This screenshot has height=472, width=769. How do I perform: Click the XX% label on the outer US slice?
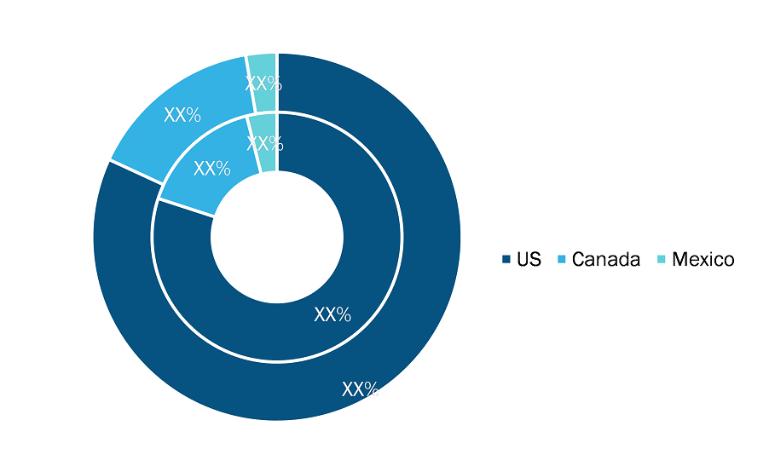[x=360, y=389]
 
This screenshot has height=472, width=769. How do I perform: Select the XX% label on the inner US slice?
[x=332, y=314]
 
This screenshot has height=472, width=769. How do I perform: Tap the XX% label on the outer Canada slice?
[x=182, y=115]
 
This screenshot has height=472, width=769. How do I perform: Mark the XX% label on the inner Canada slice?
[x=212, y=169]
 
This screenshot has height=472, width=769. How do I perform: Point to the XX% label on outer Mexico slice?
[x=263, y=83]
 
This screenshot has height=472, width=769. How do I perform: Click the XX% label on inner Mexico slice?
[x=265, y=144]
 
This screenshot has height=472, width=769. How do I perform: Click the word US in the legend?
[x=529, y=259]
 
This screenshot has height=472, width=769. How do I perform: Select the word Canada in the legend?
[x=605, y=259]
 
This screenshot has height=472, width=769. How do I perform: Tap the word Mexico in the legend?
[x=703, y=259]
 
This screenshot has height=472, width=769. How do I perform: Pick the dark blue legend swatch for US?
[x=506, y=259]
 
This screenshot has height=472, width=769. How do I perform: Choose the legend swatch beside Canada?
[x=562, y=259]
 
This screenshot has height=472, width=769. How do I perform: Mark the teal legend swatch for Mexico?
[x=662, y=259]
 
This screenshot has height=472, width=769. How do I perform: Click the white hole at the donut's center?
[x=277, y=237]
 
